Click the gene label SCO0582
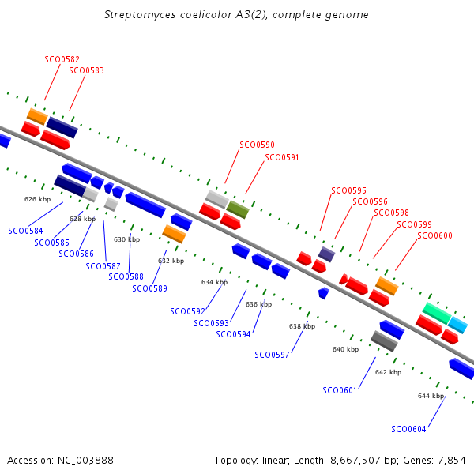[x=62, y=59]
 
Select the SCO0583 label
[x=86, y=70]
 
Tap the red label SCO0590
[x=257, y=145]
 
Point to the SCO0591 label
[x=282, y=157]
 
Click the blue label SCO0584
[x=25, y=231]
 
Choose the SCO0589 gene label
[x=149, y=288]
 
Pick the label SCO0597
[x=272, y=355]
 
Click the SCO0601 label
[x=340, y=390]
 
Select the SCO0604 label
[x=408, y=429]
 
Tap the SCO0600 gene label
[x=434, y=235]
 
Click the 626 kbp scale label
[x=37, y=199]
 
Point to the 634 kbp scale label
[x=214, y=282]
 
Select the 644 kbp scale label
[x=431, y=396]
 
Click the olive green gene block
[x=238, y=209]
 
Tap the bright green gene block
[x=435, y=313]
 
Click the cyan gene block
[x=457, y=324]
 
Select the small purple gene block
[x=326, y=254]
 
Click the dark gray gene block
[x=384, y=341]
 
